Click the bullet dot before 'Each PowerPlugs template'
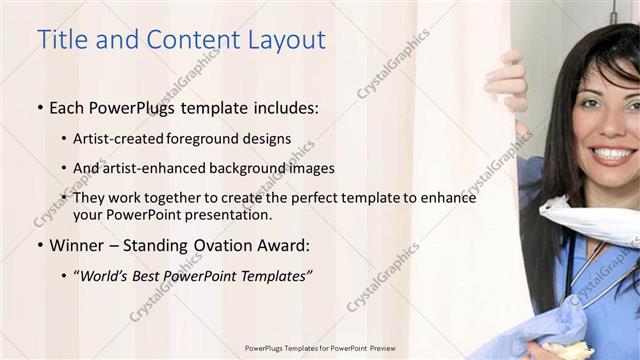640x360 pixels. (39, 106)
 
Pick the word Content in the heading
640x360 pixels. (186, 40)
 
